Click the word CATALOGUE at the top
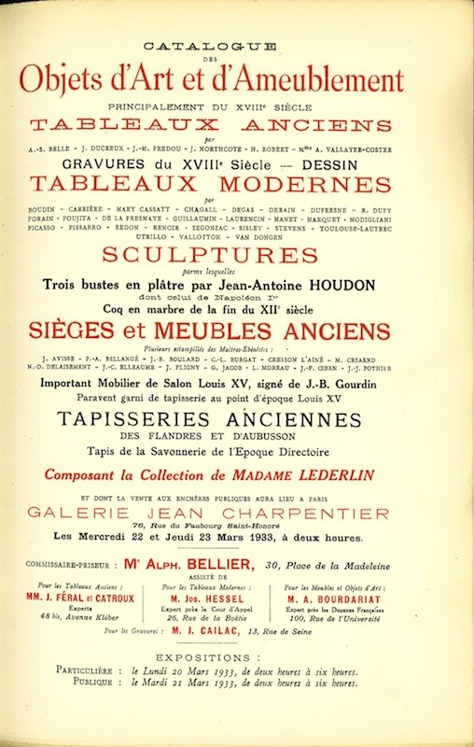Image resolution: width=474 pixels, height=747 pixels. pyautogui.click(x=238, y=45)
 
